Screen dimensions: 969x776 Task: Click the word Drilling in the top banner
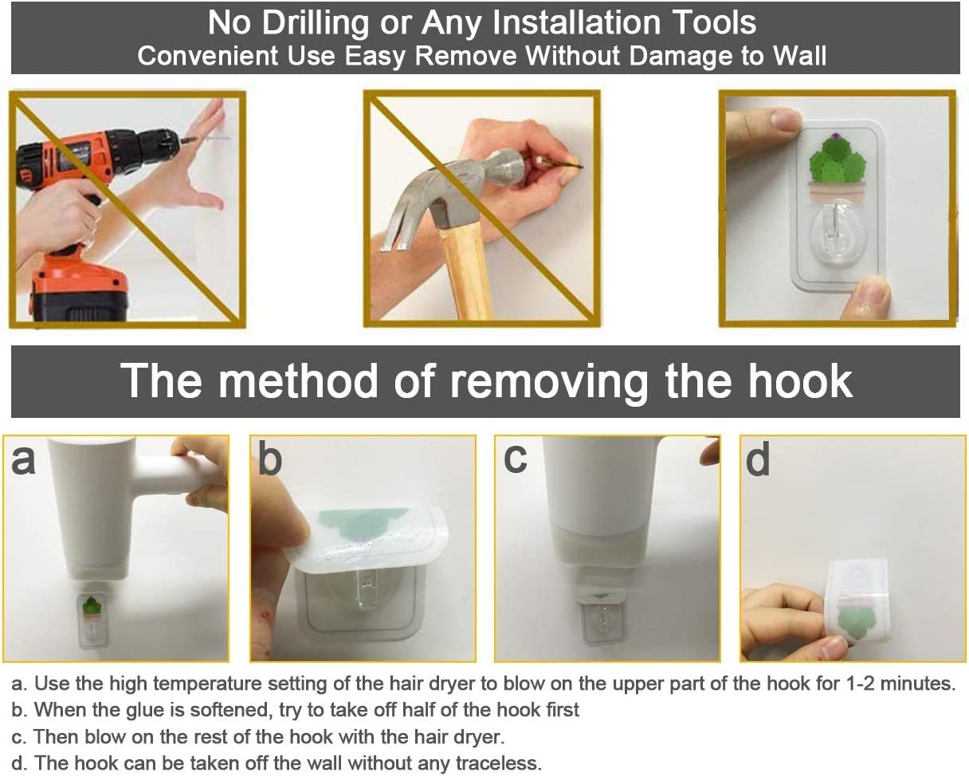point(316,23)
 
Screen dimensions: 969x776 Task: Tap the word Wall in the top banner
point(799,56)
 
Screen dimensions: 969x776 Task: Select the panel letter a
point(23,462)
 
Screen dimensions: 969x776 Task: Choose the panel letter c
point(515,460)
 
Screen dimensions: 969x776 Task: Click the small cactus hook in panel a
point(92,621)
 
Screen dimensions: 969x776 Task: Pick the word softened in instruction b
point(231,710)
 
